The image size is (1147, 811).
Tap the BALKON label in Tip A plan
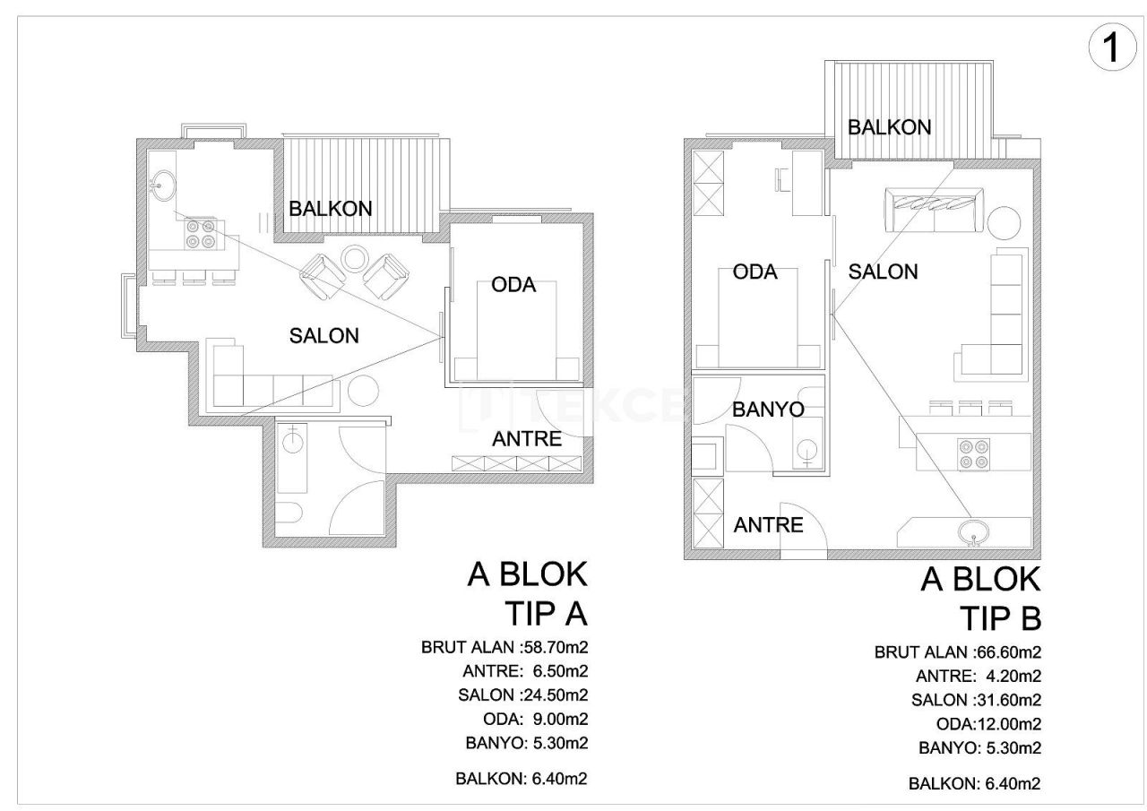[x=330, y=208]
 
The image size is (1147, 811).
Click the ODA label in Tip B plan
[x=755, y=272]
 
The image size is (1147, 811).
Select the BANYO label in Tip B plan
[x=768, y=410]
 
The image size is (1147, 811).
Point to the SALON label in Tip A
[x=323, y=335]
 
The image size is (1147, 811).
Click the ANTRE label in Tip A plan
[x=527, y=438]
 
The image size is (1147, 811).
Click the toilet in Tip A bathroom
[x=289, y=513]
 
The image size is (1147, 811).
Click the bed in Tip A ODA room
[x=518, y=332]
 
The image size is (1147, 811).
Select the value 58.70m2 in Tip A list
[x=555, y=646]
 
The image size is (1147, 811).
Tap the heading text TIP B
[x=1000, y=617]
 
